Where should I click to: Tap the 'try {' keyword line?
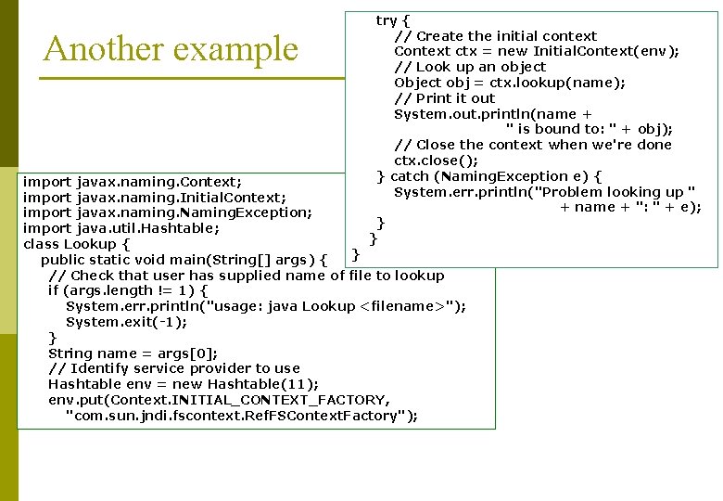tap(393, 19)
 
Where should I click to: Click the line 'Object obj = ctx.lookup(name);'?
tap(509, 83)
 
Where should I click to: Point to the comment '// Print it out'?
tap(444, 98)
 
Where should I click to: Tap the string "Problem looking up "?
tap(616, 192)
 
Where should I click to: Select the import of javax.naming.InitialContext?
tap(154, 197)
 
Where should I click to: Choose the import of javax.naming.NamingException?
tap(167, 212)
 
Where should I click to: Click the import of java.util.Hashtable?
tap(120, 228)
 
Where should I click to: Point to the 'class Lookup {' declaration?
tap(76, 244)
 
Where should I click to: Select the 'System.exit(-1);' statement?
tap(126, 322)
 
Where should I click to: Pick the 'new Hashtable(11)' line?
tap(183, 384)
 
